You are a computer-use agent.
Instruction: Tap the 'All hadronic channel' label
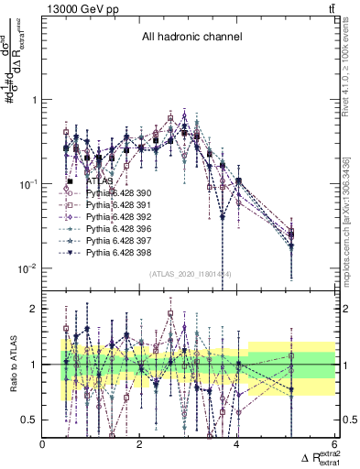click(x=191, y=38)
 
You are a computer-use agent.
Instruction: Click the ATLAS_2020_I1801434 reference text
click(x=190, y=274)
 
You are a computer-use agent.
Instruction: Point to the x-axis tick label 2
click(x=140, y=444)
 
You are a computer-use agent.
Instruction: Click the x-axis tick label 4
click(x=237, y=444)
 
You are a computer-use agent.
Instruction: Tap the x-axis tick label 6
click(x=334, y=444)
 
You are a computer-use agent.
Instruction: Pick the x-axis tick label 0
click(x=43, y=444)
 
